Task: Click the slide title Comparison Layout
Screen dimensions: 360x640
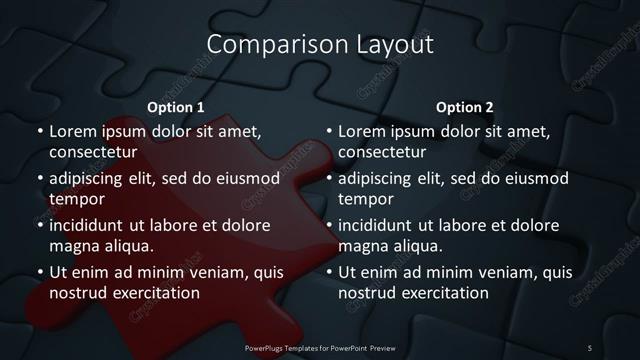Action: [320, 45]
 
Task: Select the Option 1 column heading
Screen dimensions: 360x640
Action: [176, 107]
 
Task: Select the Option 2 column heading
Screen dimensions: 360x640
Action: [465, 107]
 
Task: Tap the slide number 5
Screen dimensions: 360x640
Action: [590, 347]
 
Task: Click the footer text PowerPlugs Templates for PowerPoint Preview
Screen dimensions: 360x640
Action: [320, 347]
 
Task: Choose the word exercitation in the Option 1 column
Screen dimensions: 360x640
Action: [152, 293]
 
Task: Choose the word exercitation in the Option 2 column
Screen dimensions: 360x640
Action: [442, 293]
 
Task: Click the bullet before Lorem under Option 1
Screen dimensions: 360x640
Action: [40, 131]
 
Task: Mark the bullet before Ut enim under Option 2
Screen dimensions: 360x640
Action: [330, 272]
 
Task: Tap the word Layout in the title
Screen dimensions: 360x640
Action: [394, 45]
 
